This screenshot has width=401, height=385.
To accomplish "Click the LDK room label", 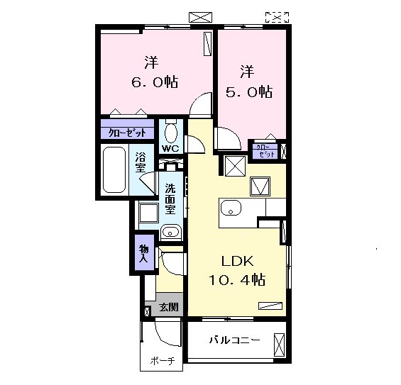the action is pos(237,261).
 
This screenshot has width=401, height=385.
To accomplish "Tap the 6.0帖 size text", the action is pos(155,82).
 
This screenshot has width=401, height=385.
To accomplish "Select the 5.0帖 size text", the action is pos(249,91).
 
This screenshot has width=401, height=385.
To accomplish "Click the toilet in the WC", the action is pos(171,131).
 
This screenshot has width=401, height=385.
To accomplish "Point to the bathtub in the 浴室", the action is pos(114,169).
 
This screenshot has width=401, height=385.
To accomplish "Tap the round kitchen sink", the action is pos(231,208).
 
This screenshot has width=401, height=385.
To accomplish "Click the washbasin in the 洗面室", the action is pos(171,232).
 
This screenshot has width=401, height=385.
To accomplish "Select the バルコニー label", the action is pos(235,340).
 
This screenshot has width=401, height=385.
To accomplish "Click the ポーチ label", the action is pos(163,361).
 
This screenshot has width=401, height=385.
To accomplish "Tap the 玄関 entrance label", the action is pos(169,307).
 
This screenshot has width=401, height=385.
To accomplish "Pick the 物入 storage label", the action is pos(144,253).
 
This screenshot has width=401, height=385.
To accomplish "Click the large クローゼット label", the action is pos(127,133).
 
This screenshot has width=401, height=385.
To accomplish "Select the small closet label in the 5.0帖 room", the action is pos(265,151).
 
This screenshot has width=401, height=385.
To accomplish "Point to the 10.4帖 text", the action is pos(237,279).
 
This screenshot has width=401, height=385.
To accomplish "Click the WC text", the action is pos(170,149).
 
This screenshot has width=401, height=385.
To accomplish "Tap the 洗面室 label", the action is pos(170,199).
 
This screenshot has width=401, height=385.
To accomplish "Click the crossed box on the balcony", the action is pos(279,345).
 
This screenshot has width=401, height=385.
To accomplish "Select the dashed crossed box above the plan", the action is pos(277,18).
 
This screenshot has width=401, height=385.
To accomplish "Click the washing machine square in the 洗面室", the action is pos(148,213).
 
